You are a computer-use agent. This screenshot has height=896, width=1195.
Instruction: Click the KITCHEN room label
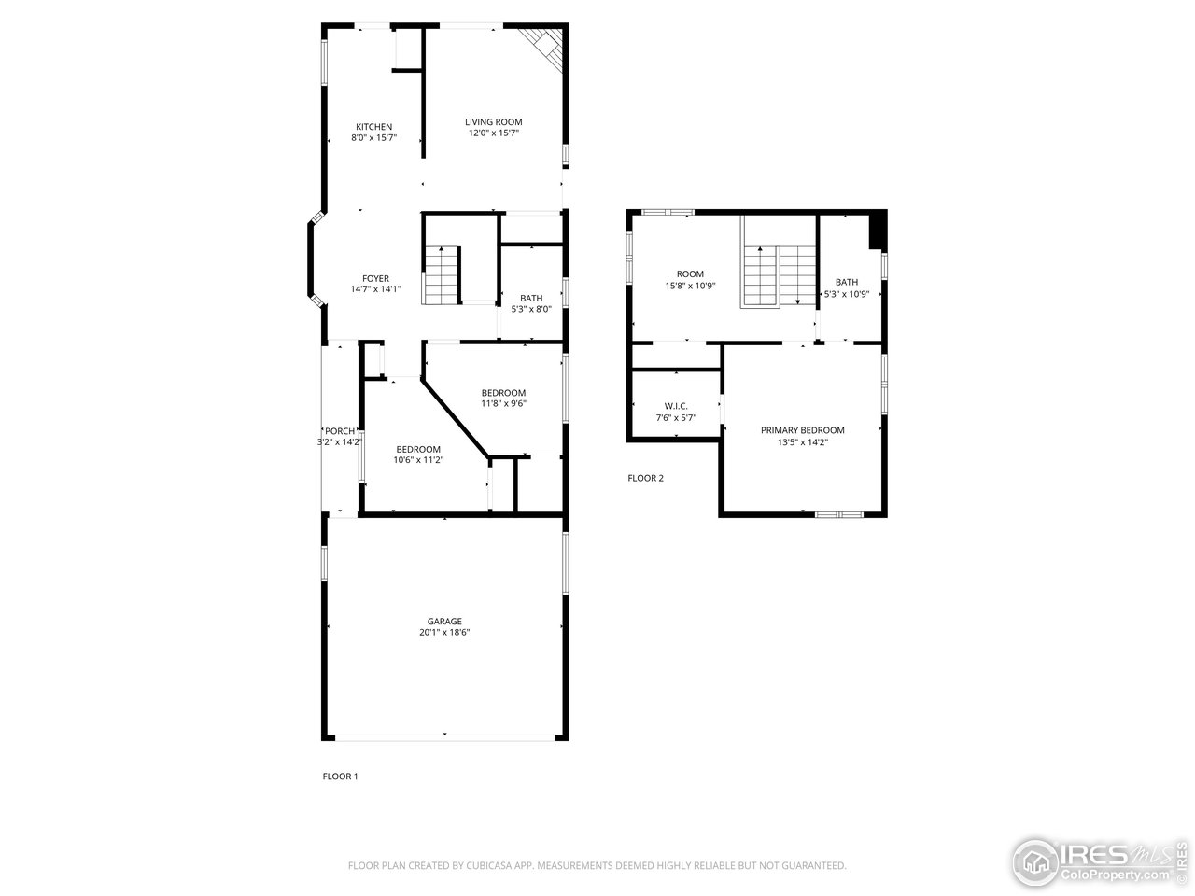click(x=373, y=127)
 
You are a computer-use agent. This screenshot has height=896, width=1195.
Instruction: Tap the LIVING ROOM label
click(x=494, y=121)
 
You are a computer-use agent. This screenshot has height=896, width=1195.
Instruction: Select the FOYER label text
click(x=376, y=278)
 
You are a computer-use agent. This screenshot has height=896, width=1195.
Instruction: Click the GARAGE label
click(x=444, y=621)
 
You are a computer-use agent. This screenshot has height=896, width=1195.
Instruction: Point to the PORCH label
click(x=340, y=430)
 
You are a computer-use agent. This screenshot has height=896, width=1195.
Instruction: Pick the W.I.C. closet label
click(x=676, y=406)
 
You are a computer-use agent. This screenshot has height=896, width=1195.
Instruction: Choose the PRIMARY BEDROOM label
click(x=802, y=430)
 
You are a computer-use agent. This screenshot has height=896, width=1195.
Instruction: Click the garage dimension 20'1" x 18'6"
click(x=444, y=633)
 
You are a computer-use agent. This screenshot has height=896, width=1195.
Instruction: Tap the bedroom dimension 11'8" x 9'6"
click(x=503, y=404)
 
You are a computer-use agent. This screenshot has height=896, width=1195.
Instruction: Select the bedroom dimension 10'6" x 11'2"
click(x=417, y=460)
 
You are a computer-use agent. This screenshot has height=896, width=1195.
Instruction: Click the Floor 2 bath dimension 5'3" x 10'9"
click(x=847, y=294)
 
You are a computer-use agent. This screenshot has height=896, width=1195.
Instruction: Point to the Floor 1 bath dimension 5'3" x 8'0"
click(x=531, y=310)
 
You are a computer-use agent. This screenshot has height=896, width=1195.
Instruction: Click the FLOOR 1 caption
click(x=340, y=777)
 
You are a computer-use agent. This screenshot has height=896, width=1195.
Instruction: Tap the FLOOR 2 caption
click(x=645, y=479)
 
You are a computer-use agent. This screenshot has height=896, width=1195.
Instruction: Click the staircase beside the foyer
click(x=442, y=275)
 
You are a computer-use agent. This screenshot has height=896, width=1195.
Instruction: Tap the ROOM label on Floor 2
click(x=691, y=274)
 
